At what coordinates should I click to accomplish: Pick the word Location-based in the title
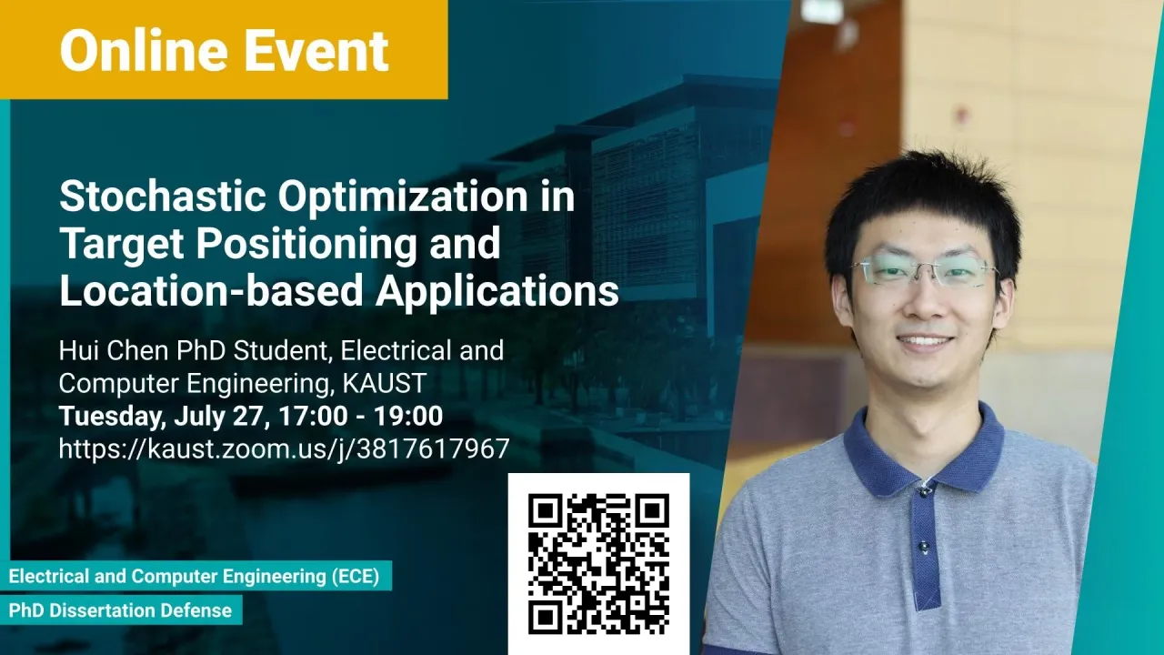(x=211, y=291)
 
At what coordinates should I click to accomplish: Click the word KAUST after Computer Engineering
(x=385, y=383)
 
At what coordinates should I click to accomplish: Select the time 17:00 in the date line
(x=313, y=416)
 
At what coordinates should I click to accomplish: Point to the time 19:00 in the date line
(x=408, y=416)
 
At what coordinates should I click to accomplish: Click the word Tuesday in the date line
(x=112, y=418)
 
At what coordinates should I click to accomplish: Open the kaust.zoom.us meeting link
(x=284, y=449)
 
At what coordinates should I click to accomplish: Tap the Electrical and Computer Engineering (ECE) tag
(x=195, y=576)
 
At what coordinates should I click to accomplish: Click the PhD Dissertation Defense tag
(x=121, y=610)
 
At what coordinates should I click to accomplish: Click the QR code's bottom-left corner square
(x=545, y=618)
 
